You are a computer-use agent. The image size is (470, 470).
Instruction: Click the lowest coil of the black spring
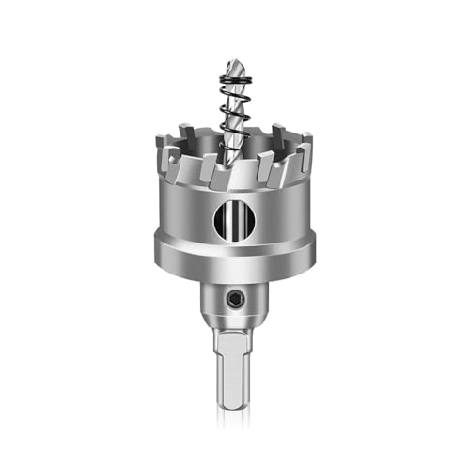pyautogui.click(x=235, y=134)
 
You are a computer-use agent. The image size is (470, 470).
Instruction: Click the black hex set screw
pyautogui.click(x=234, y=299)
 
